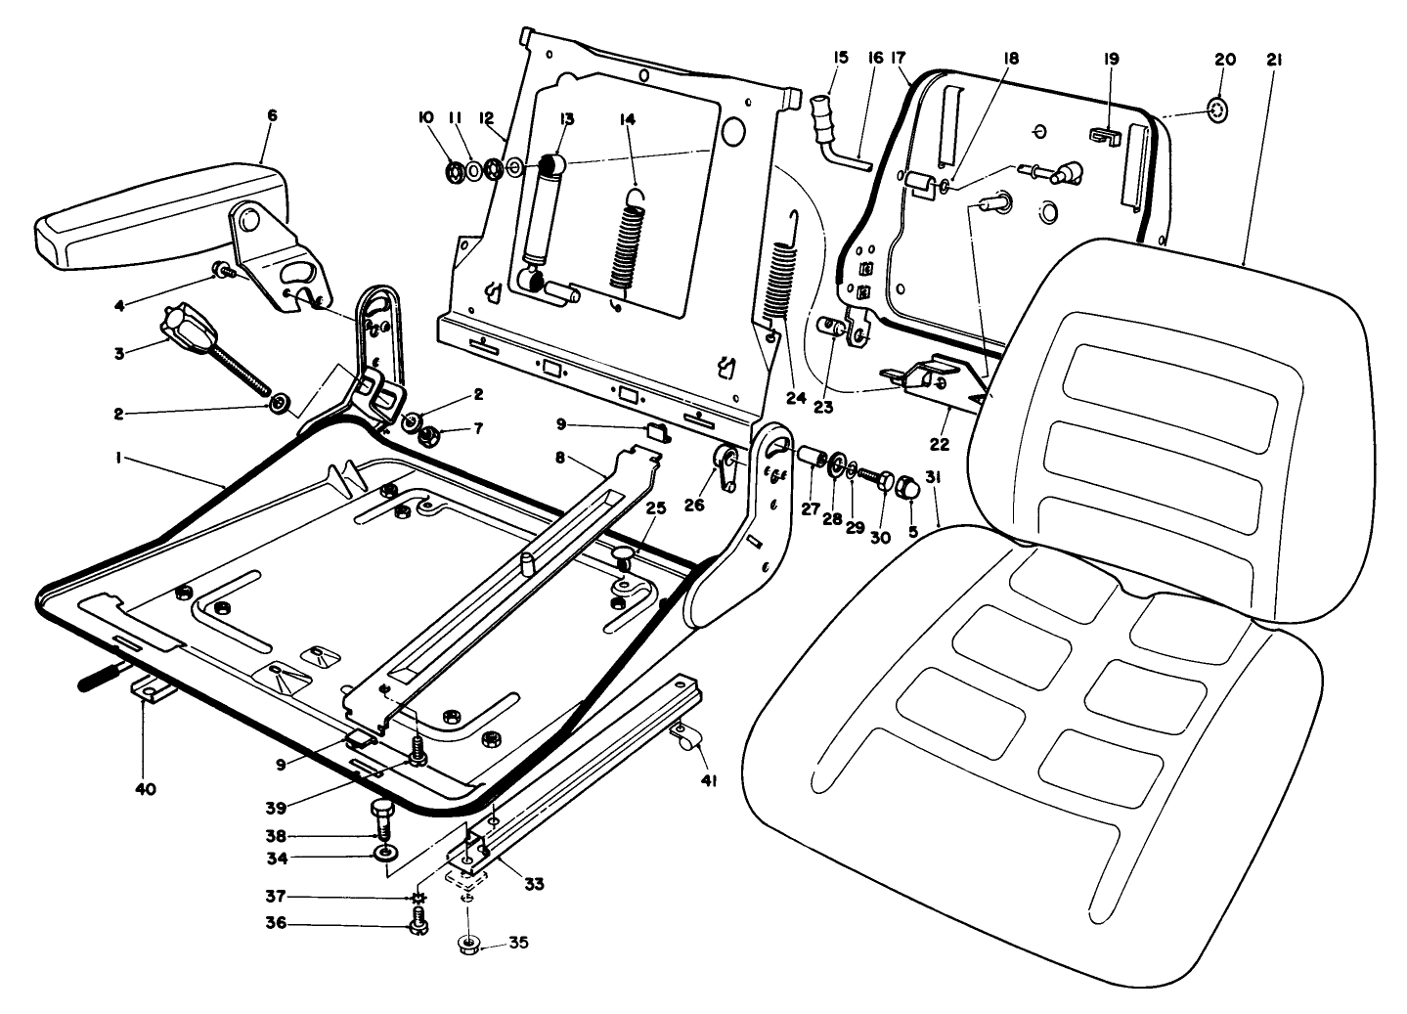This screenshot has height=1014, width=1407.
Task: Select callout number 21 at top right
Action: pyautogui.click(x=1274, y=60)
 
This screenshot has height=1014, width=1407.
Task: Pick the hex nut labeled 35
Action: pyautogui.click(x=468, y=945)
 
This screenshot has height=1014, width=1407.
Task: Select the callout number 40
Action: pyautogui.click(x=144, y=788)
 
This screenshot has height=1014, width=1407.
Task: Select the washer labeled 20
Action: pyautogui.click(x=1216, y=111)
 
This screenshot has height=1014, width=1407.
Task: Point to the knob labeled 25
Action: pyautogui.click(x=624, y=557)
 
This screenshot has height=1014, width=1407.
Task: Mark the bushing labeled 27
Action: pyautogui.click(x=811, y=457)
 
